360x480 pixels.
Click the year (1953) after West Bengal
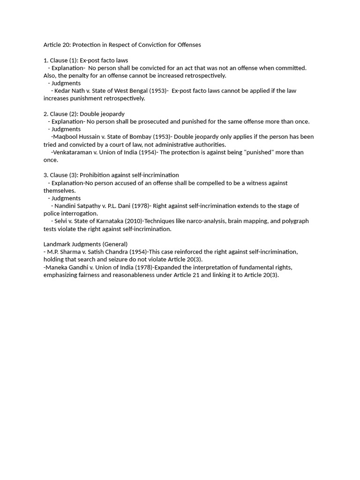click(156, 90)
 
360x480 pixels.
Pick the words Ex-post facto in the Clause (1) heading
click(97, 60)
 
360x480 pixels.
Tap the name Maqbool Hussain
click(77, 137)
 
